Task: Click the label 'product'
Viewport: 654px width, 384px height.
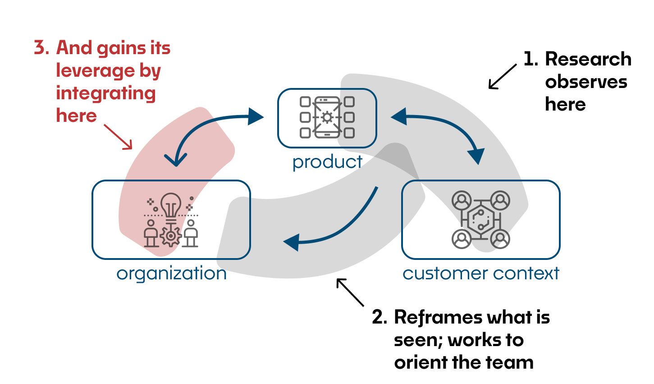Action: pos(327,162)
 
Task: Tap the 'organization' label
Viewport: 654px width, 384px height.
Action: pos(172,274)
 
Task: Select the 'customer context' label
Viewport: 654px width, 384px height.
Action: pos(481,274)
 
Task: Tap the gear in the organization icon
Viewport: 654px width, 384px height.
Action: pos(171,236)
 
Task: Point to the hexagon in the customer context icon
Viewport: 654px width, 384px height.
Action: pos(480,219)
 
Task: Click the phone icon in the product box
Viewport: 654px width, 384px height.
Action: pos(327,117)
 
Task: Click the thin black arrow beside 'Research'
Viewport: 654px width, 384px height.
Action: pos(503,77)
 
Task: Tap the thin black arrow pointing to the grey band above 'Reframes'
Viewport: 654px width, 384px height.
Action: pos(350,292)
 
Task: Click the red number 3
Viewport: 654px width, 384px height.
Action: pos(41,48)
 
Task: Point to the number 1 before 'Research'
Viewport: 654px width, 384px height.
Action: pos(530,59)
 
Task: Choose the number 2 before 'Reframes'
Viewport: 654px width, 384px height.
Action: pos(380,317)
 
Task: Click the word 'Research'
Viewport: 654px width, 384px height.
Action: pos(588,59)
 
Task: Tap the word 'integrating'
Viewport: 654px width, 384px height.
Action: pos(105,93)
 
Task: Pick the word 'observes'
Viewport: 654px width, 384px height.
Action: pos(586,82)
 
